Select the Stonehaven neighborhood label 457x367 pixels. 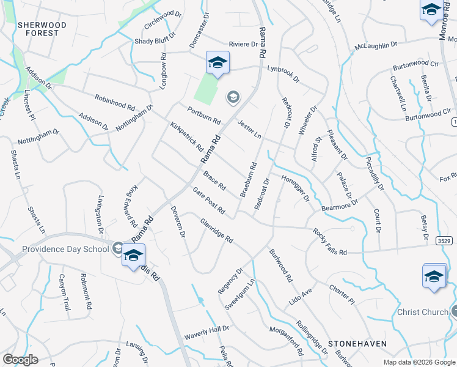pyautogui.click(x=357, y=344)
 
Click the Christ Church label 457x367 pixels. pyautogui.click(x=423, y=312)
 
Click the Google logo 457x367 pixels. pyautogui.click(x=21, y=360)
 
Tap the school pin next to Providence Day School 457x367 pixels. pyautogui.click(x=133, y=257)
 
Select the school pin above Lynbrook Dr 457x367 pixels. pyautogui.click(x=218, y=64)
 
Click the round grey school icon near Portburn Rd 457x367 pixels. pyautogui.click(x=233, y=97)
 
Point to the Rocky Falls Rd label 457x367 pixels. pyautogui.click(x=329, y=242)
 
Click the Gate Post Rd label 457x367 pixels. pyautogui.click(x=208, y=201)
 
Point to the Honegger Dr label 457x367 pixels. pyautogui.click(x=296, y=188)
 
